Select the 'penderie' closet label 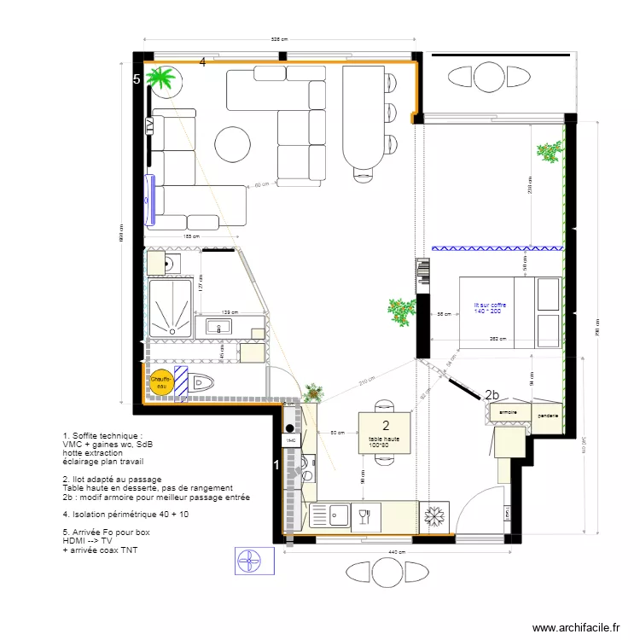pyautogui.click(x=549, y=416)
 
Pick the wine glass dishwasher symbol pyautogui.click(x=364, y=515)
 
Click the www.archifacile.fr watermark pyautogui.click(x=576, y=627)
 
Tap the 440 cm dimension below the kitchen pyautogui.click(x=395, y=553)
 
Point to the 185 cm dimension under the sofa pyautogui.click(x=189, y=236)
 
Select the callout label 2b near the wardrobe pyautogui.click(x=491, y=395)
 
